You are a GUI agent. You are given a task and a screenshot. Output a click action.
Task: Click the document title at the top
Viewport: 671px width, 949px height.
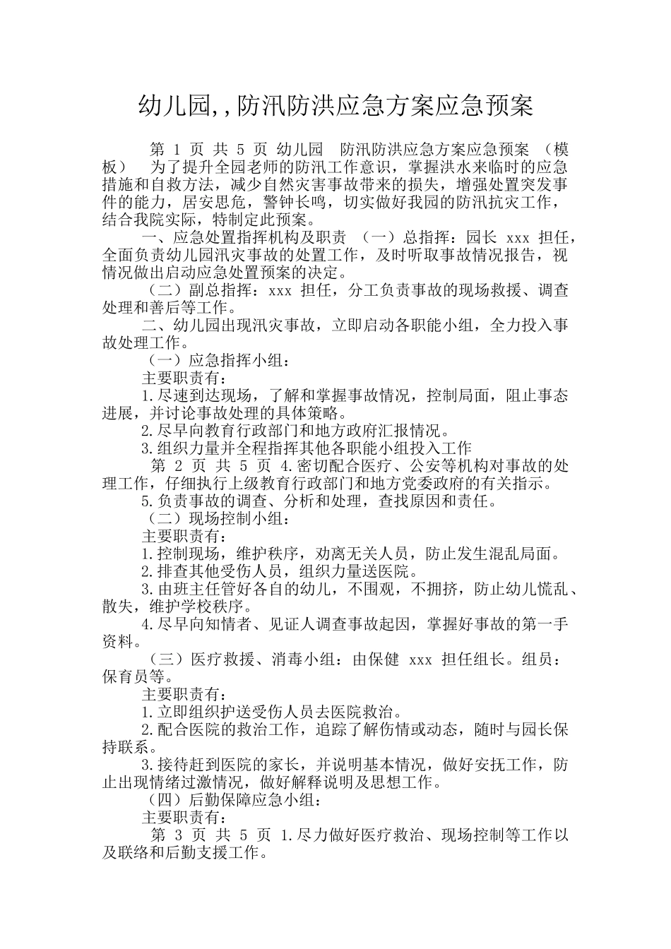click(335, 106)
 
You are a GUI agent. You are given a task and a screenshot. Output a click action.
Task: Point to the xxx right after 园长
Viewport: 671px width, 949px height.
click(518, 237)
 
